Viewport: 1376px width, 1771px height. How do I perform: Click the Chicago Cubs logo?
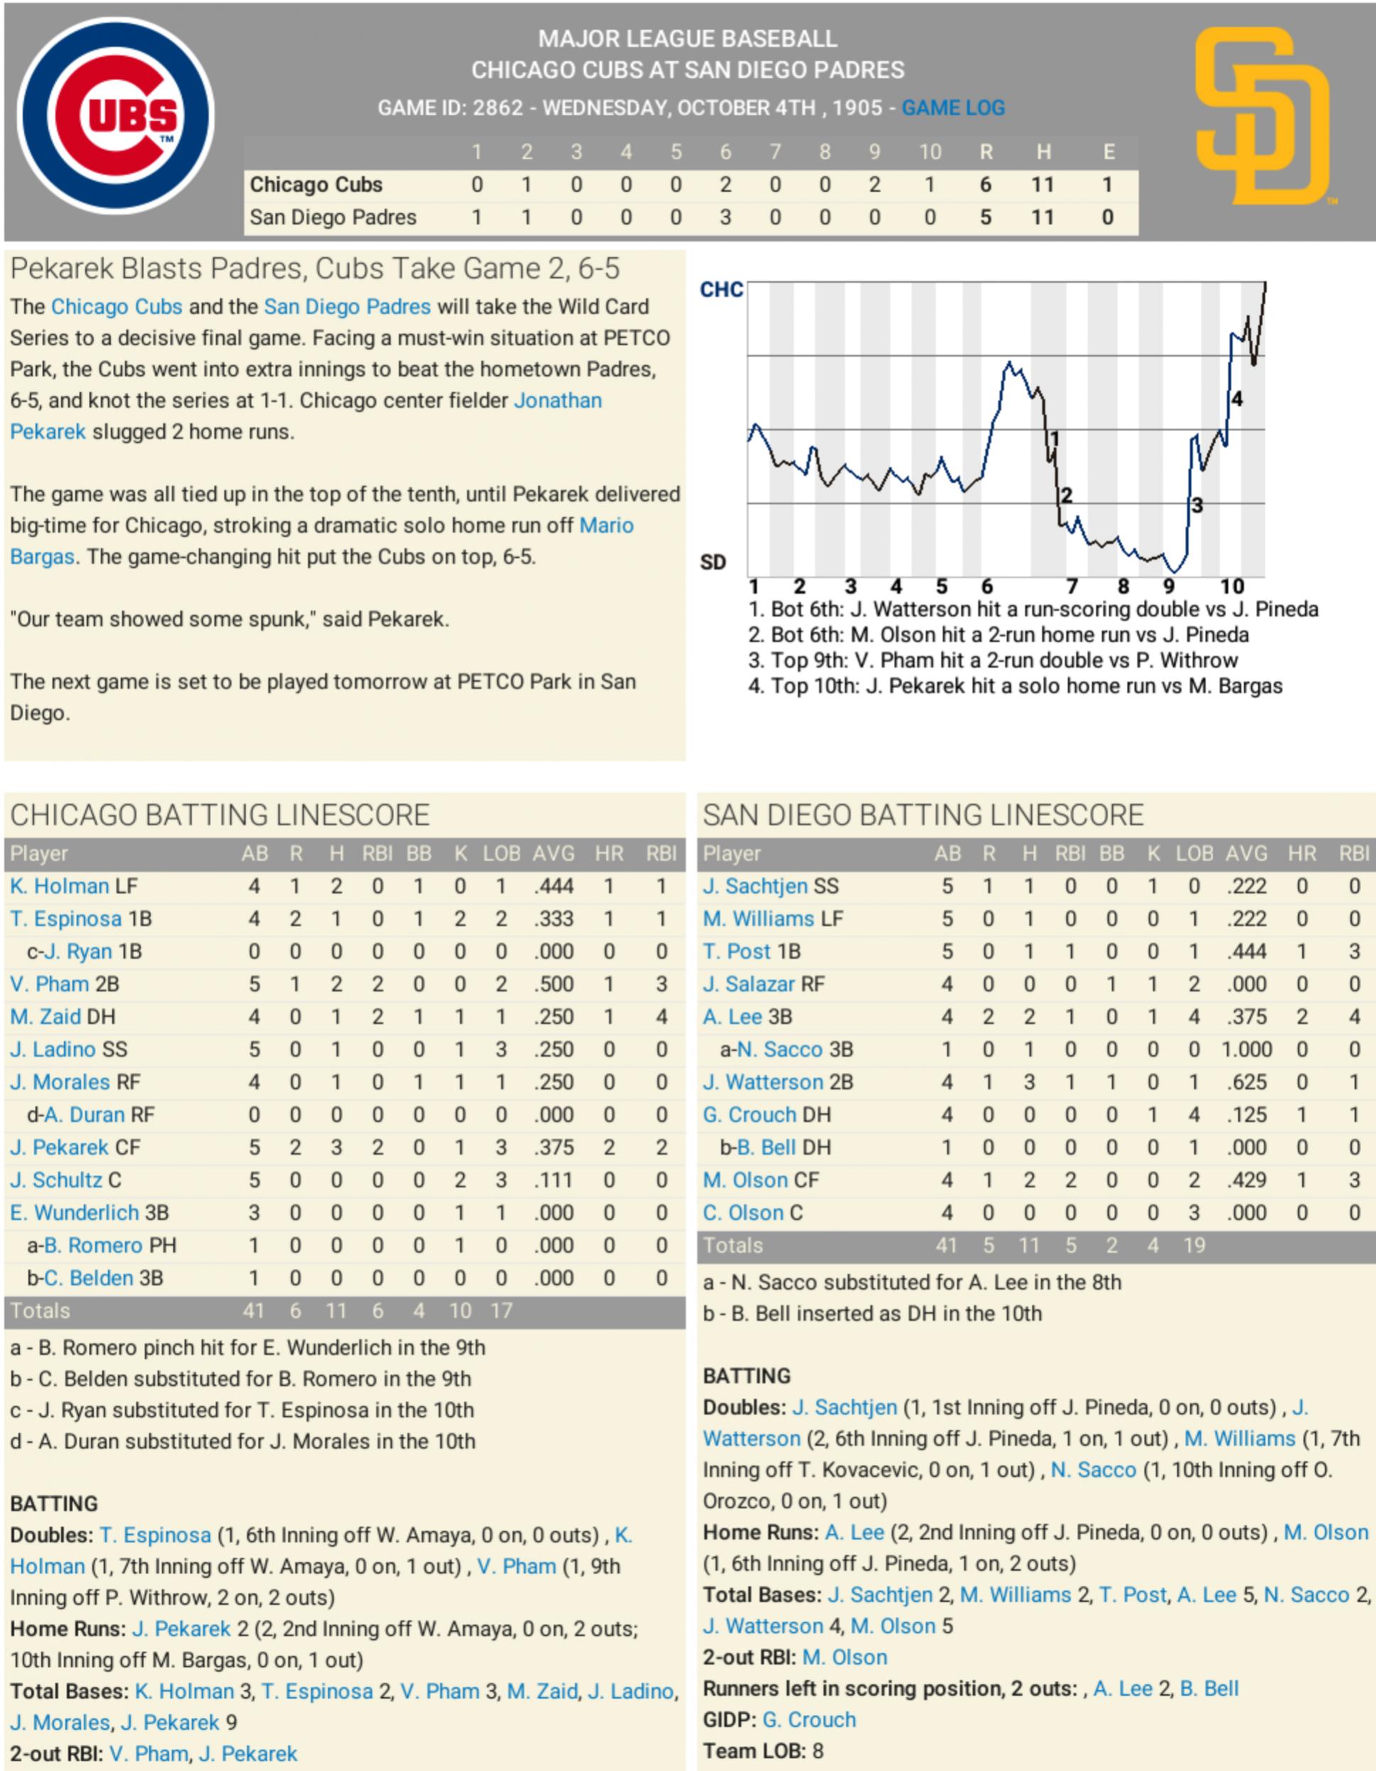115,116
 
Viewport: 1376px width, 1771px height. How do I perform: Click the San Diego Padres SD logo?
1262,116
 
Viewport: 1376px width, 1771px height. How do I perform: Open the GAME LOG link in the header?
953,108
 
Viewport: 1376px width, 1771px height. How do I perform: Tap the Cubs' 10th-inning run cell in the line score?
929,185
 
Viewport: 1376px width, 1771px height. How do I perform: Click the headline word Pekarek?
62,269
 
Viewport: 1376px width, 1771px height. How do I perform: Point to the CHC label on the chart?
721,291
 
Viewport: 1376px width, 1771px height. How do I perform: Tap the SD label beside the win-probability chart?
713,563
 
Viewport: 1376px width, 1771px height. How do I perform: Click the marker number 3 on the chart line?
1197,505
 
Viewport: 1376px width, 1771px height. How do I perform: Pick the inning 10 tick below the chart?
1232,586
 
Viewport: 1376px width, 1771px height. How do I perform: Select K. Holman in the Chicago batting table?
60,887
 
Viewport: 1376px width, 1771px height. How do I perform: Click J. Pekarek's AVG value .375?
554,1147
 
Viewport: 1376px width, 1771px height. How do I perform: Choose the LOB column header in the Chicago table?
501,854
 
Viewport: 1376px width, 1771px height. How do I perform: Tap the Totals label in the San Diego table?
733,1245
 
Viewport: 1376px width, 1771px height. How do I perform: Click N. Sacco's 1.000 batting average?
1246,1049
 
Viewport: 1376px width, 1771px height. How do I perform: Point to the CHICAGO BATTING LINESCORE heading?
220,815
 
